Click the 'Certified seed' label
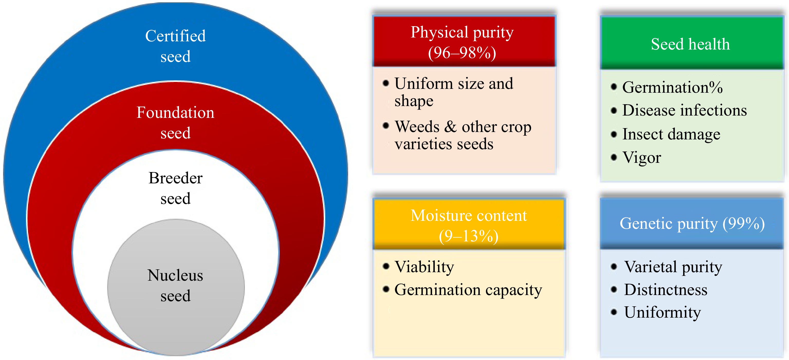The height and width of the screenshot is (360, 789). pyautogui.click(x=175, y=46)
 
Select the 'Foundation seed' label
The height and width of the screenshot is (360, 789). pyautogui.click(x=175, y=122)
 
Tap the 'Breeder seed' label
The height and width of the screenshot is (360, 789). pyautogui.click(x=175, y=188)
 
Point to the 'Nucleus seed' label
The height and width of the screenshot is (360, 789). pyautogui.click(x=175, y=285)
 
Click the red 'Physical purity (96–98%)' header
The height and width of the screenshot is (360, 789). pyautogui.click(x=464, y=41)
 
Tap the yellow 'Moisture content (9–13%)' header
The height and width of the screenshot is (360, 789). pyautogui.click(x=469, y=224)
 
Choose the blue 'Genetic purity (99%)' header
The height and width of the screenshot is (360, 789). pyautogui.click(x=692, y=223)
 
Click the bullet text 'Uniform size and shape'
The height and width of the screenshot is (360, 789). pyautogui.click(x=454, y=92)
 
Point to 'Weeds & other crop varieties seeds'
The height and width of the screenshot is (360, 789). pyautogui.click(x=463, y=135)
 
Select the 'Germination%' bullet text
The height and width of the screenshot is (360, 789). pyautogui.click(x=672, y=87)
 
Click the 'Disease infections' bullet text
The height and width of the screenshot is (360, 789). pyautogui.click(x=684, y=110)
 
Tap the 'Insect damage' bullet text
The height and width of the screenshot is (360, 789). pyautogui.click(x=671, y=134)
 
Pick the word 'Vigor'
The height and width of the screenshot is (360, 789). pyautogui.click(x=642, y=158)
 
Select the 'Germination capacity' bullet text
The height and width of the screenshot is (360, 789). pyautogui.click(x=468, y=290)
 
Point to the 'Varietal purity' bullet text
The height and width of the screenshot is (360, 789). pyautogui.click(x=673, y=267)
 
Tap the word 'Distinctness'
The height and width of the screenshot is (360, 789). pyautogui.click(x=666, y=290)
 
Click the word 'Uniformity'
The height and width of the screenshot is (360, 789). pyautogui.click(x=663, y=312)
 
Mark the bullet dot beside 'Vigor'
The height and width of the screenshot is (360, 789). pyautogui.click(x=614, y=157)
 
